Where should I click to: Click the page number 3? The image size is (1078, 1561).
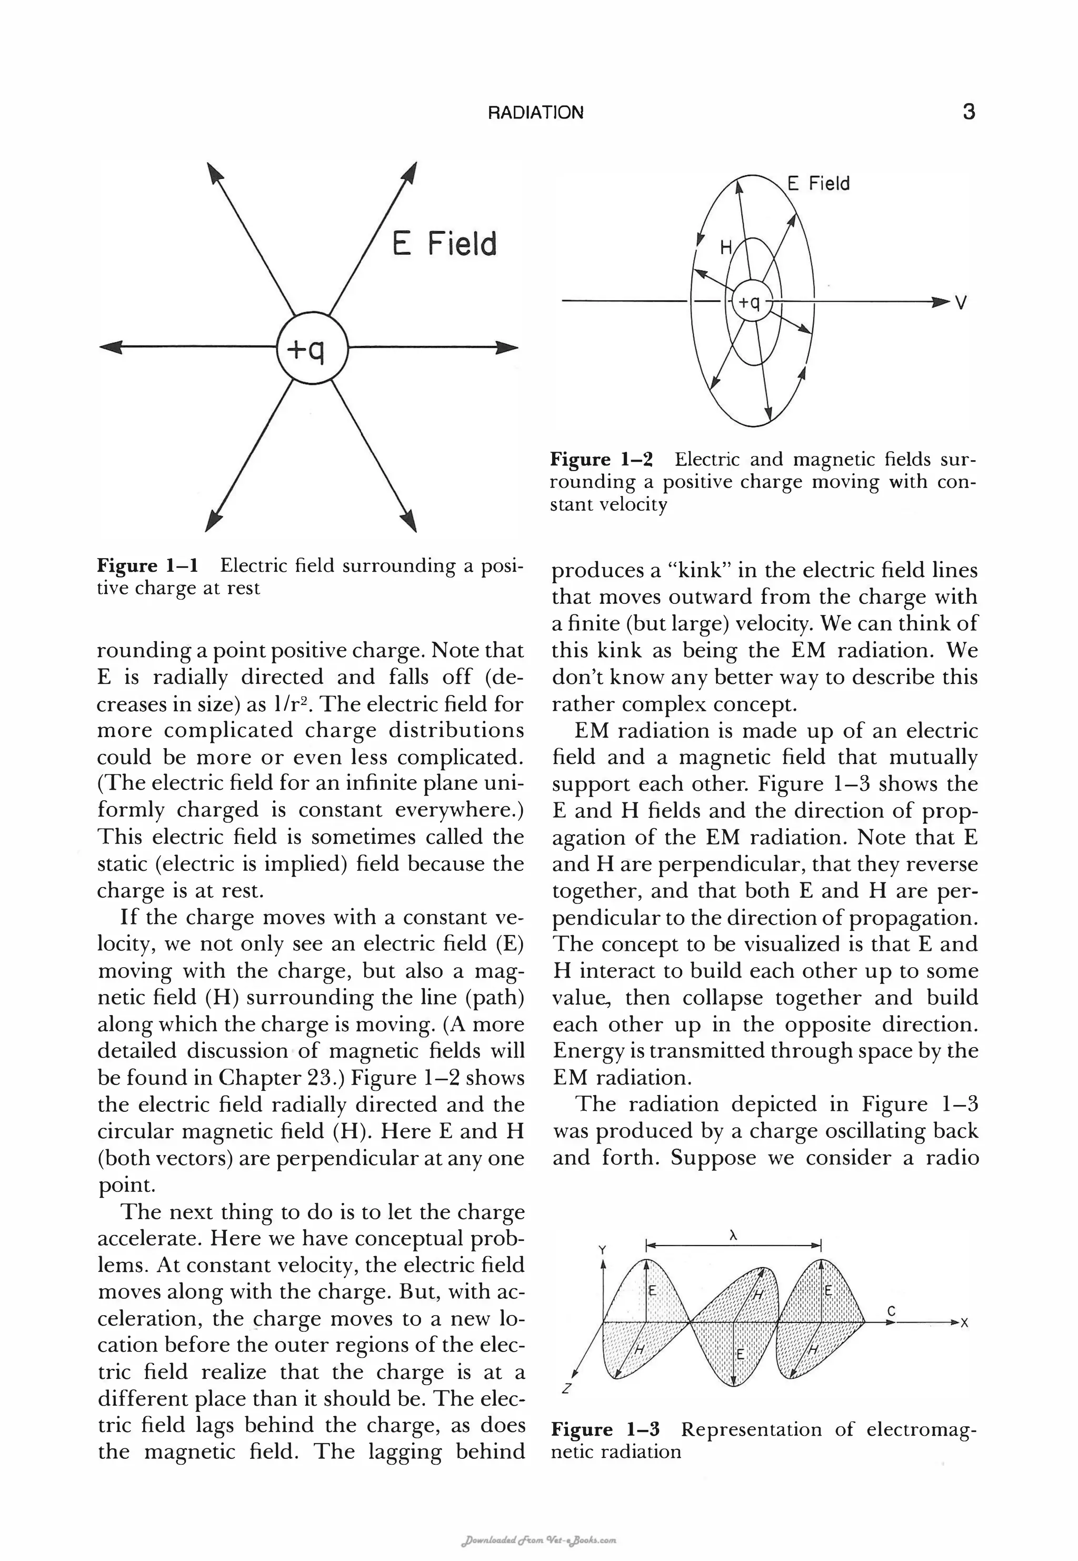point(968,112)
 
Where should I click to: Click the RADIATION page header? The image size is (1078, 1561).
point(536,113)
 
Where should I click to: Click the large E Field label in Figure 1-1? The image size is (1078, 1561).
point(444,244)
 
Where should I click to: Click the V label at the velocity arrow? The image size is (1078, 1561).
point(961,304)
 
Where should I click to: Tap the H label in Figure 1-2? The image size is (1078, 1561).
point(725,247)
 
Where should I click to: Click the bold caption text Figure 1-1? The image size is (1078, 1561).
point(147,565)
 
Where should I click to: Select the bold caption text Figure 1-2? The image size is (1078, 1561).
point(601,460)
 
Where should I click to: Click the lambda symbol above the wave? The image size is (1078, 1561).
point(733,1236)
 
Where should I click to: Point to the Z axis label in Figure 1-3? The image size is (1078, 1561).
point(566,1389)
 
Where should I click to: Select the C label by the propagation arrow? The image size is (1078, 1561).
point(891,1311)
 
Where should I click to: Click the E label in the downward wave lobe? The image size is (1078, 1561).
point(740,1354)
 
